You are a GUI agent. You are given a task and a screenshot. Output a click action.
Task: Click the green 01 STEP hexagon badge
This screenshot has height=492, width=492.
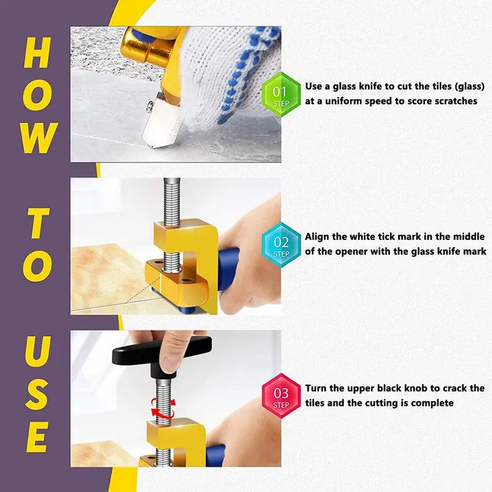[281, 94]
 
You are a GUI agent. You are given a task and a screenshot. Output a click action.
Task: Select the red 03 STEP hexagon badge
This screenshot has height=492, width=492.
[281, 395]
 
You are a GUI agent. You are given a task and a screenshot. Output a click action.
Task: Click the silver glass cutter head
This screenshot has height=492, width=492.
[161, 121]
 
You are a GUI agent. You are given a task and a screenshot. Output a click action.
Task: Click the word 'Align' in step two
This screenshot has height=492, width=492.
[318, 237]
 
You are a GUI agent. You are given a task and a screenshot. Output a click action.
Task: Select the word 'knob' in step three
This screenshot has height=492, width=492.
[419, 388]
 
